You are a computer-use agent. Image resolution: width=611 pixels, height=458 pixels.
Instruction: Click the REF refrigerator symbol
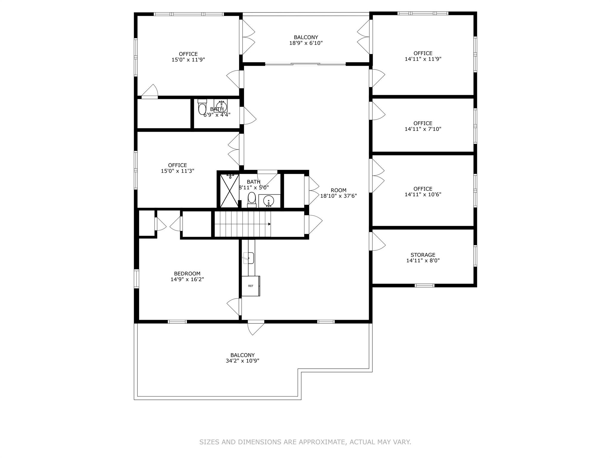pyautogui.click(x=251, y=286)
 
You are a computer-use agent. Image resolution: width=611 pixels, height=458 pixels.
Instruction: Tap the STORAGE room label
pyautogui.click(x=423, y=255)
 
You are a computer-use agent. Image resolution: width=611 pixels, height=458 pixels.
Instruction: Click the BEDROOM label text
pyautogui.click(x=187, y=274)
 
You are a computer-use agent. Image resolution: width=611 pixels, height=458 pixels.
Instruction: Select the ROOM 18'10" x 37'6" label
pyautogui.click(x=338, y=193)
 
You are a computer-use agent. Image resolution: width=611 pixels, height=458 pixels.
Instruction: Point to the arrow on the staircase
pyautogui.click(x=269, y=224)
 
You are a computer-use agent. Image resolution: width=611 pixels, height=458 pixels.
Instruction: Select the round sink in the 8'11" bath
pyautogui.click(x=269, y=200)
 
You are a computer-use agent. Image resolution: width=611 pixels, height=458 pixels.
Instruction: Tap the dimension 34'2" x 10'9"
pyautogui.click(x=242, y=361)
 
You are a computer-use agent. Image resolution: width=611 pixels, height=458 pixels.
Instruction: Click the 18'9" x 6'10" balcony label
pyautogui.click(x=306, y=43)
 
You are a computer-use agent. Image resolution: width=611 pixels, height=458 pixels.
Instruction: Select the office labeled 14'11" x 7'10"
pyautogui.click(x=423, y=126)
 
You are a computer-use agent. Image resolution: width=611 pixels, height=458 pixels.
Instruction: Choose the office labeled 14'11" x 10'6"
pyautogui.click(x=423, y=191)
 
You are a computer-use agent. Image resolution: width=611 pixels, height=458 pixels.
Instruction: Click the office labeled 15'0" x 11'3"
pyautogui.click(x=178, y=168)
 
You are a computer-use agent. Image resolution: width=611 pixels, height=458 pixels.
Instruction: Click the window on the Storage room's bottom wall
pyautogui.click(x=424, y=286)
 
